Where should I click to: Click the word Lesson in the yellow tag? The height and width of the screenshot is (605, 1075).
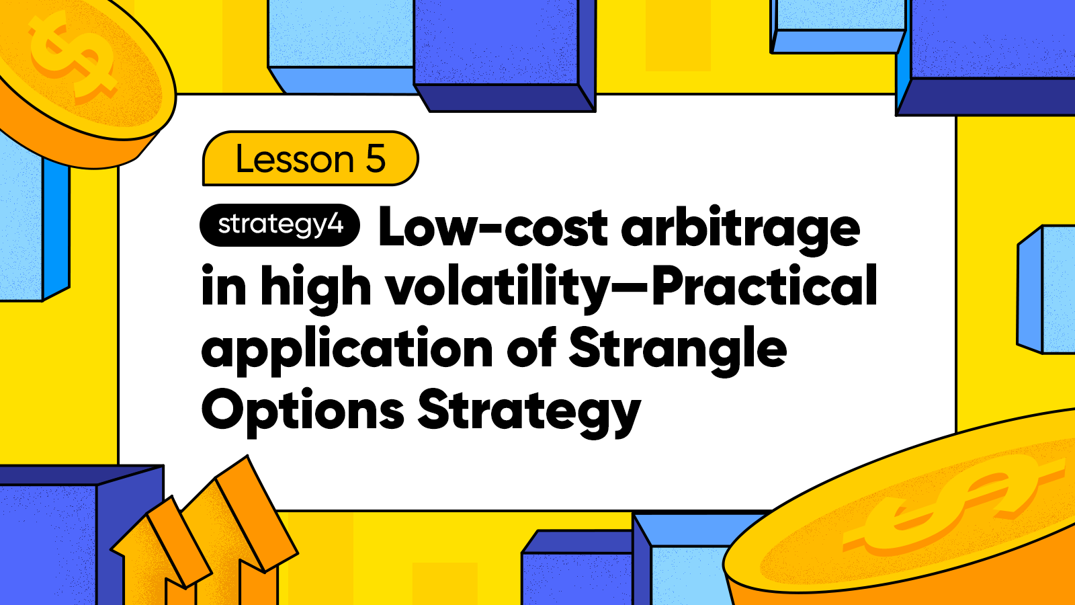(295, 159)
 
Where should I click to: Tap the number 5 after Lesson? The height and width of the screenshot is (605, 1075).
(376, 159)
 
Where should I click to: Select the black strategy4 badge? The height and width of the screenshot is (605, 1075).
(279, 225)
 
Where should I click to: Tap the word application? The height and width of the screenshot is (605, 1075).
(347, 350)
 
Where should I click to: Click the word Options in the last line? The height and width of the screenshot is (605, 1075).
(303, 411)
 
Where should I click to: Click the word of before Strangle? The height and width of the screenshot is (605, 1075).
(531, 348)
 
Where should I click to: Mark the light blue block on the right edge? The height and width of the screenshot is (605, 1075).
(1046, 290)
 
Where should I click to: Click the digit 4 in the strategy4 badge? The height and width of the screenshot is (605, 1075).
(336, 225)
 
